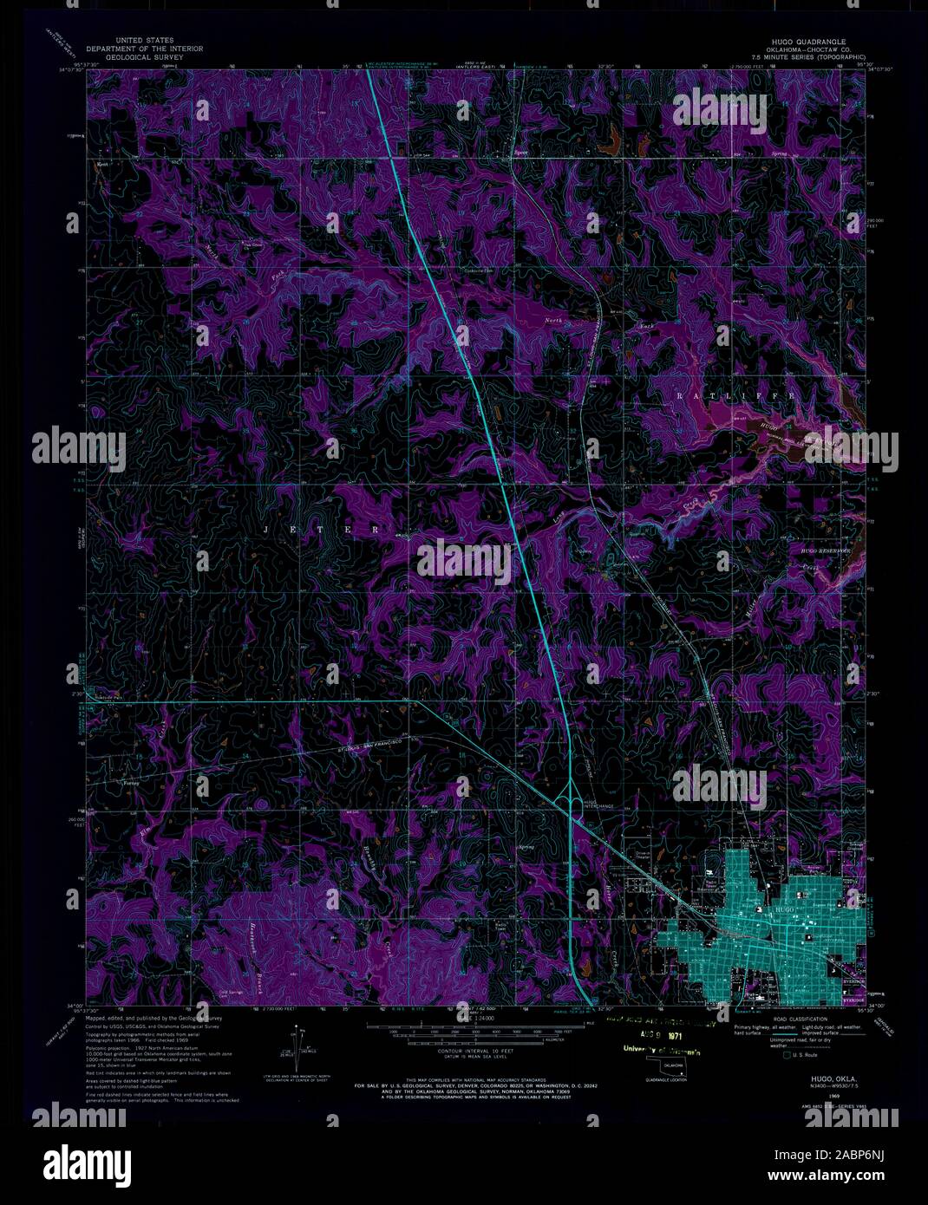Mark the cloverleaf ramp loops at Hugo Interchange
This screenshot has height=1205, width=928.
tap(573, 798)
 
